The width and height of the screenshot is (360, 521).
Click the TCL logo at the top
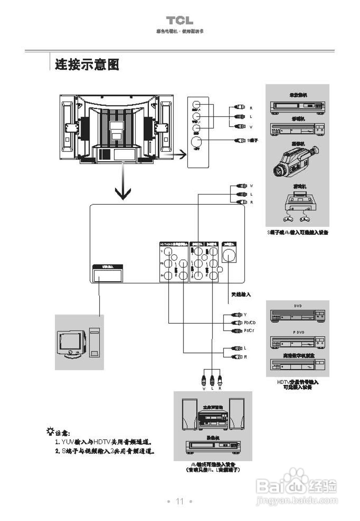pos(179,21)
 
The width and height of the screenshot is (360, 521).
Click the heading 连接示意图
pos(87,64)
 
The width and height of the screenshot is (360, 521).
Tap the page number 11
pos(180,501)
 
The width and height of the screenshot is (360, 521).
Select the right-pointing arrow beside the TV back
pos(177,155)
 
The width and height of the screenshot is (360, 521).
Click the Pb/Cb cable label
pos(250,323)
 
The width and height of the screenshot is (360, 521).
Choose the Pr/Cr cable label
pos(249,331)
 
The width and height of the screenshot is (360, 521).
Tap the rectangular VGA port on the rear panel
pos(108,276)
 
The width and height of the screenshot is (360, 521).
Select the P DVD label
pos(298,332)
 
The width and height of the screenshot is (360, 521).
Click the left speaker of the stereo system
pos(190,414)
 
